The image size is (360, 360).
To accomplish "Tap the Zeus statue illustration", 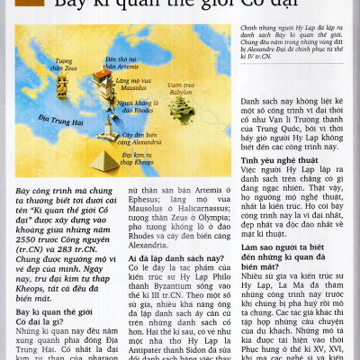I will (62, 86).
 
